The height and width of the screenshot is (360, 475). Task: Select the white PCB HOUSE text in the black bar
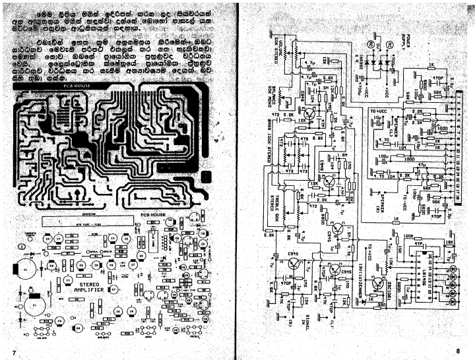tap(74, 86)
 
